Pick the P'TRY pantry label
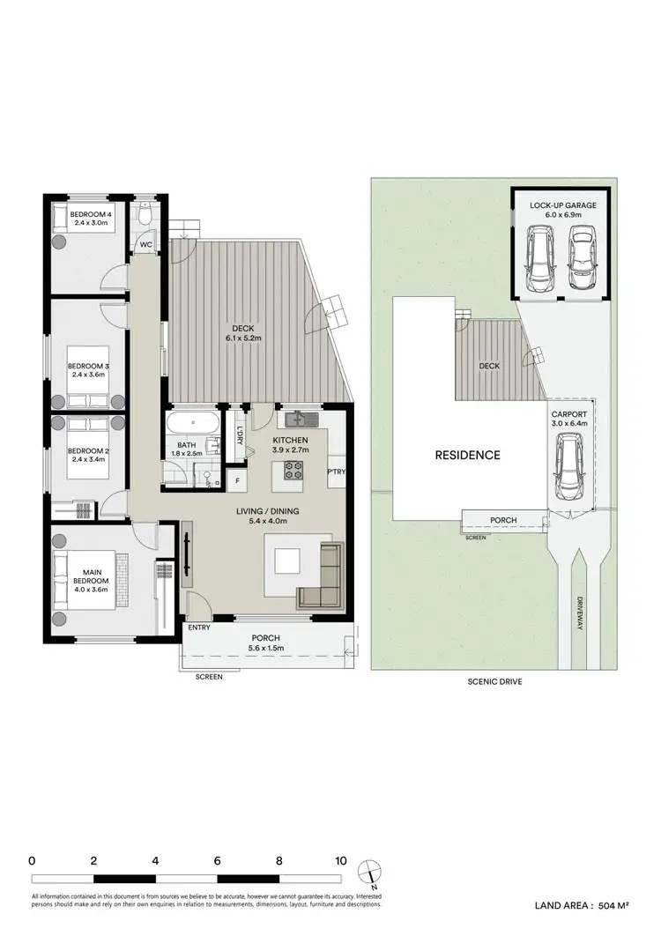point(337,472)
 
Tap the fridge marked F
point(236,481)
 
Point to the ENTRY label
point(199,628)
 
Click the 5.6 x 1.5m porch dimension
point(265,650)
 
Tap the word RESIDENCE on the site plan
point(467,456)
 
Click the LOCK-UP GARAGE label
point(563,205)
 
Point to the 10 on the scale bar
point(340,861)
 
